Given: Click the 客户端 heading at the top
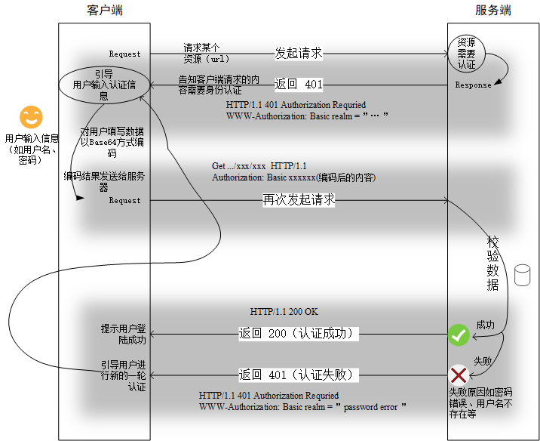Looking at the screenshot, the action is pyautogui.click(x=105, y=10).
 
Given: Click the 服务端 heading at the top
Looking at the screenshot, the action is pyautogui.click(x=493, y=10).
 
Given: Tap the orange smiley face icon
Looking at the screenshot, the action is pyautogui.click(x=31, y=117).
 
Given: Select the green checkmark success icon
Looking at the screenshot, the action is pyautogui.click(x=459, y=335).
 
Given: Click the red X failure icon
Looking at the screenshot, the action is pyautogui.click(x=459, y=375).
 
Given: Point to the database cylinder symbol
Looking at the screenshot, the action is pyautogui.click(x=522, y=275).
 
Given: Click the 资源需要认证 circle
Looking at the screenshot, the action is pyautogui.click(x=467, y=53).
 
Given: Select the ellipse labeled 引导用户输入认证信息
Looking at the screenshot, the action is pyautogui.click(x=104, y=85).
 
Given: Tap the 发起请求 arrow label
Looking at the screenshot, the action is pyautogui.click(x=299, y=53).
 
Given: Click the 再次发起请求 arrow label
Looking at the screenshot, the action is pyautogui.click(x=299, y=200).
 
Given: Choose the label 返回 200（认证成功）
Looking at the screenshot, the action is pyautogui.click(x=296, y=333).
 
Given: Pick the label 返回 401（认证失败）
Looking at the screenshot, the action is pyautogui.click(x=296, y=375).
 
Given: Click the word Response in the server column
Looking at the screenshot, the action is pyautogui.click(x=473, y=85).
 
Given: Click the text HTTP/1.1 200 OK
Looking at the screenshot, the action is pyautogui.click(x=284, y=311).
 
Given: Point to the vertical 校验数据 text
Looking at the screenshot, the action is pyautogui.click(x=492, y=263).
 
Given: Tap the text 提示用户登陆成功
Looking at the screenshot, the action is pyautogui.click(x=124, y=335).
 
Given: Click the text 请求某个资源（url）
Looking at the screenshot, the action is pyautogui.click(x=206, y=53).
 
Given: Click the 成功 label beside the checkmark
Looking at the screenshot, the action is pyautogui.click(x=484, y=325).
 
